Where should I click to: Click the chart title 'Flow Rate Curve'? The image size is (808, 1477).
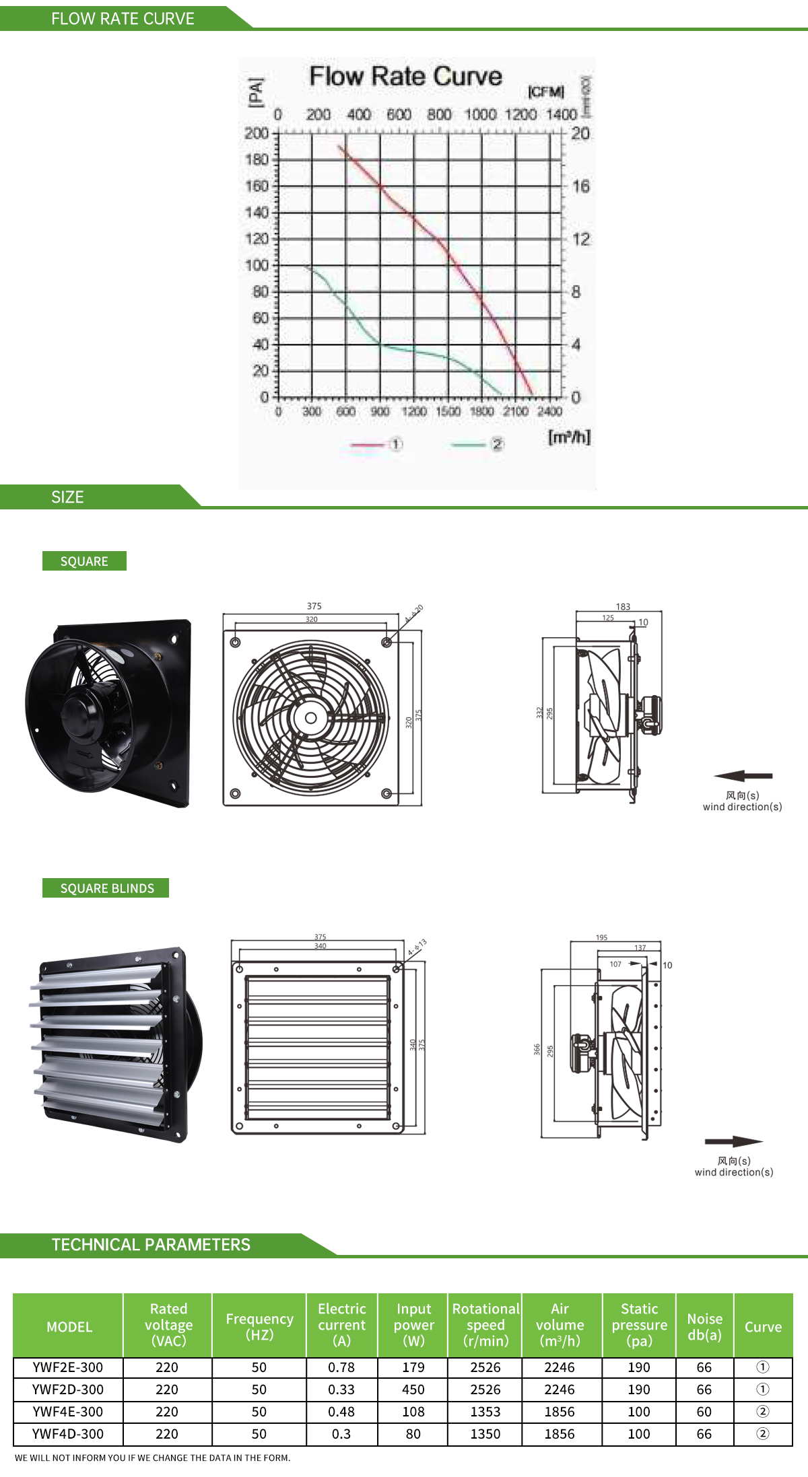(x=405, y=77)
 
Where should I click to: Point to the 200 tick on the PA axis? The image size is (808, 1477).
(x=257, y=133)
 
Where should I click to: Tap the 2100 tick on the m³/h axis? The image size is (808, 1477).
(x=516, y=411)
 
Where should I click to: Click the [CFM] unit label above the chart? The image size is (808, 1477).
(x=546, y=92)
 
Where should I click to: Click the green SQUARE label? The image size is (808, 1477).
(x=84, y=561)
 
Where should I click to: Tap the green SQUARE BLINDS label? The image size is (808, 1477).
(x=106, y=888)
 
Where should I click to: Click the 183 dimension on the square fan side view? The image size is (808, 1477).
(x=623, y=607)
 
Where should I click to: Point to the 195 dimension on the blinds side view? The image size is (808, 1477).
(x=601, y=937)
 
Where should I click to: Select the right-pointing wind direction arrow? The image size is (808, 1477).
(x=733, y=1141)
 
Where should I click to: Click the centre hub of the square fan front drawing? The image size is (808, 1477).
(x=311, y=718)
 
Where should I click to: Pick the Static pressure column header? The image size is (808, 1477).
(x=639, y=1324)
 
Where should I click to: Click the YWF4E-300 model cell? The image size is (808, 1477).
(x=68, y=1412)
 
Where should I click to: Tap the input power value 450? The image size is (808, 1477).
(x=413, y=1390)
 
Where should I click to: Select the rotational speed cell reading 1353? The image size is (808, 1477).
(x=485, y=1412)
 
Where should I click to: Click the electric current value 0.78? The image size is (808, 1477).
(x=341, y=1367)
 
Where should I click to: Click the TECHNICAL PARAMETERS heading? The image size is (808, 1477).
(x=151, y=1245)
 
